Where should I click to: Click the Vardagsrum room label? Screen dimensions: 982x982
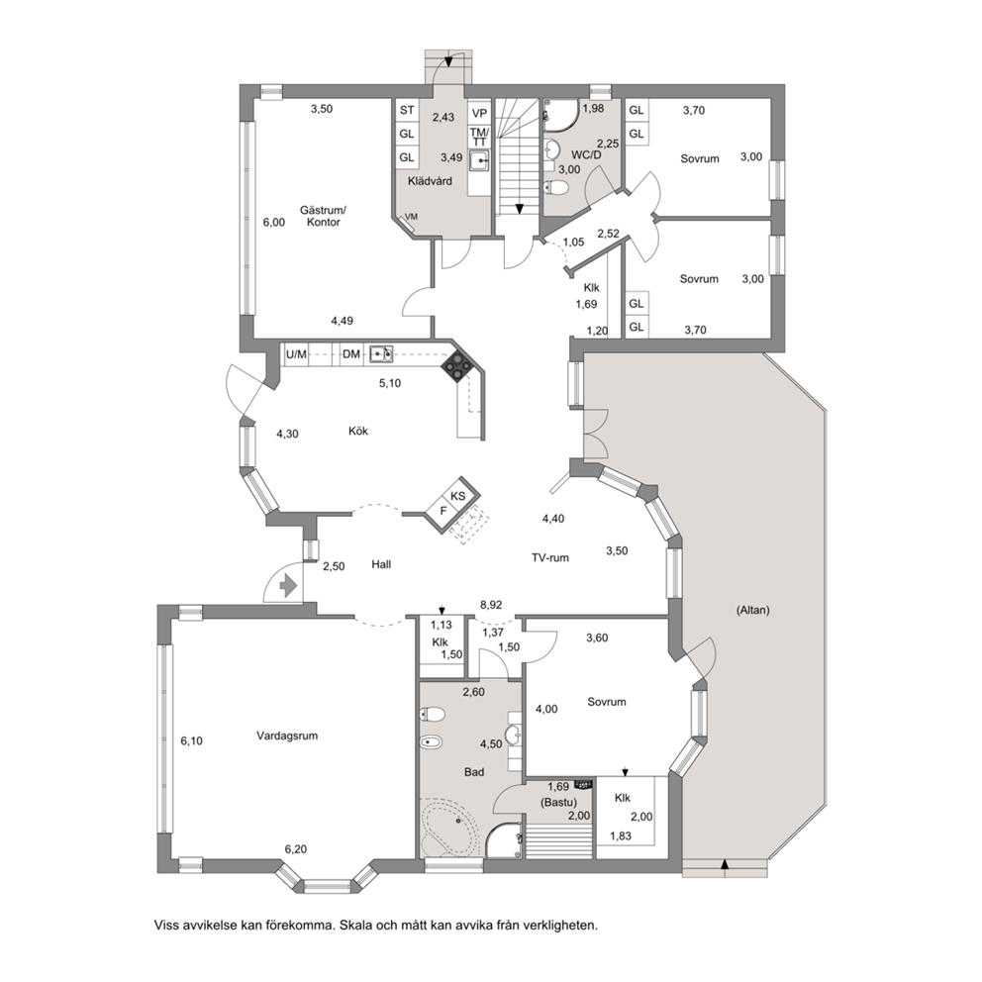287,736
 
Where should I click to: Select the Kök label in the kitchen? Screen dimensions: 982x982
358,431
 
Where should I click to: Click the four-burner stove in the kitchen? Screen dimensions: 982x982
456,366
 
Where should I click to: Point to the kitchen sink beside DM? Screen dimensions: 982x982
381,354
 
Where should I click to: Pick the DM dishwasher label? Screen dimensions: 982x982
351,354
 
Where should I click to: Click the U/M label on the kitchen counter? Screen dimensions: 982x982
296,354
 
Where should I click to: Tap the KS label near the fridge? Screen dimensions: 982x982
458,496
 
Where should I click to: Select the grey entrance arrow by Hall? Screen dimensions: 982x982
288,586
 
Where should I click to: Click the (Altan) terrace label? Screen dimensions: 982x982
752,610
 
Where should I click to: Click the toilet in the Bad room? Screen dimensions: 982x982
433,714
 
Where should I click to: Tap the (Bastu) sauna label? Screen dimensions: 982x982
558,802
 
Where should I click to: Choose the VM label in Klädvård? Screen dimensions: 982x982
411,217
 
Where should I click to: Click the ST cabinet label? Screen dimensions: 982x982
407,110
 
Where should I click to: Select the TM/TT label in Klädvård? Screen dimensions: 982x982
479,137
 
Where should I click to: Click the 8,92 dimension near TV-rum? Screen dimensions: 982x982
491,605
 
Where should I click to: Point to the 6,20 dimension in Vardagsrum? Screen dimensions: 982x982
296,849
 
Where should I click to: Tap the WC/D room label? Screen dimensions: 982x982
586,154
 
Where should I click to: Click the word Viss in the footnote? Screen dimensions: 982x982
166,925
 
